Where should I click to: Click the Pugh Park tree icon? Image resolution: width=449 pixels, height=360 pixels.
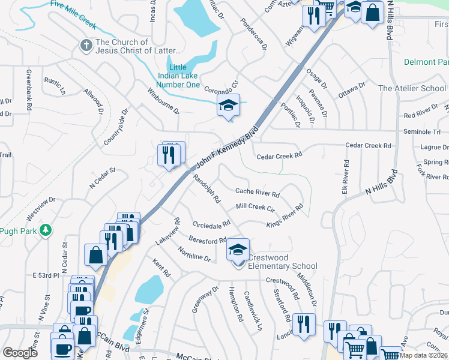(x=45, y=230)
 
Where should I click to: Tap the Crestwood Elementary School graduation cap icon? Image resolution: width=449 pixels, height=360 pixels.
(x=238, y=250)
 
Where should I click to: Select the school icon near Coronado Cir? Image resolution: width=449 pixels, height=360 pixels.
(x=228, y=106)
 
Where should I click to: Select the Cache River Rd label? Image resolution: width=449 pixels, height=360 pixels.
(x=257, y=193)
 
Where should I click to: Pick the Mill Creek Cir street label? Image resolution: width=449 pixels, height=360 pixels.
(x=255, y=207)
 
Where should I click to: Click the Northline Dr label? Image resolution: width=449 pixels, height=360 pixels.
(x=193, y=256)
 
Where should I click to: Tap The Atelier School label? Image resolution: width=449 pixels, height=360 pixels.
(x=412, y=88)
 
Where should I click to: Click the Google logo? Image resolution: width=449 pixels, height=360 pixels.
(x=20, y=352)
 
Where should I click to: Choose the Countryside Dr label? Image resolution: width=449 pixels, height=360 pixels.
(x=117, y=127)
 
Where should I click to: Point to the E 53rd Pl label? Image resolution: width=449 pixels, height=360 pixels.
(x=46, y=275)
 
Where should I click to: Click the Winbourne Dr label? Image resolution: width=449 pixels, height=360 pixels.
(x=163, y=101)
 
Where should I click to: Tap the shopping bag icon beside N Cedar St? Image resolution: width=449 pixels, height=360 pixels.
(x=95, y=254)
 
